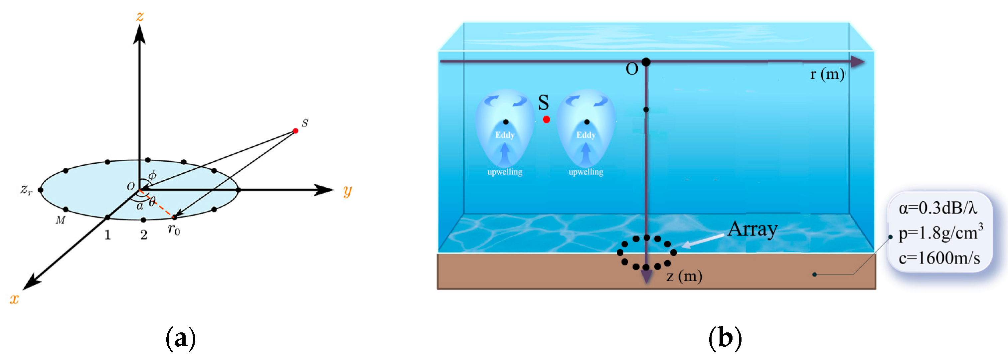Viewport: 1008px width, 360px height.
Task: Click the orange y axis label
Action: tap(347, 191)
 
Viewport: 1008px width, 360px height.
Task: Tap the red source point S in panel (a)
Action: tap(295, 131)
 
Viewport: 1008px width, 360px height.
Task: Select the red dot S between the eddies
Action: tap(546, 120)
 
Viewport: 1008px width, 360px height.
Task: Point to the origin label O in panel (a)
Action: tap(131, 186)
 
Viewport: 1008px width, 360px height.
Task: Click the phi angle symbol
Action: tap(152, 175)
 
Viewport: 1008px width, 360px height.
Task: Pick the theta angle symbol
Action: tap(152, 202)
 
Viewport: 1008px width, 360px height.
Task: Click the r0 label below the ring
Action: tap(174, 229)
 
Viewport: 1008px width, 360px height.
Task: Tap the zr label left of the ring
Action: tap(26, 189)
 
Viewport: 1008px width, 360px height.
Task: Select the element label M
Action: tap(60, 220)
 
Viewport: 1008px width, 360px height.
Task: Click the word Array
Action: tap(753, 230)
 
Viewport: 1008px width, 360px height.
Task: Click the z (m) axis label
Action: tap(684, 276)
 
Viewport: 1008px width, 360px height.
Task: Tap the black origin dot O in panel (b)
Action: tap(646, 62)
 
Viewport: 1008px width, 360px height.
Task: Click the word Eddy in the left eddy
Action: tap(505, 135)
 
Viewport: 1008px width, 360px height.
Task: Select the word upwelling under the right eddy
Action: tap(586, 172)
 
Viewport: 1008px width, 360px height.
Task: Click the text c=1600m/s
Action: tap(939, 258)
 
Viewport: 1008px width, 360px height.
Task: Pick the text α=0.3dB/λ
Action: tap(937, 208)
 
